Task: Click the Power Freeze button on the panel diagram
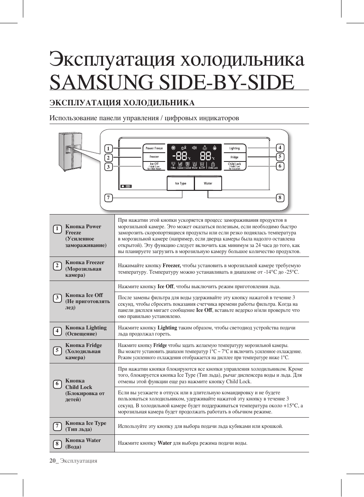pos(154,148)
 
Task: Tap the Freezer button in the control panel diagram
pos(154,157)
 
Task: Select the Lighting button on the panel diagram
pos(235,148)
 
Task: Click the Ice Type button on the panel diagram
pos(180,184)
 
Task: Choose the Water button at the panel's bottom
pos(208,184)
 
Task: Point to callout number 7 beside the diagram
pos(109,197)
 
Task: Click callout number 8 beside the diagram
pos(280,197)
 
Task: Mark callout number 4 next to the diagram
pos(280,148)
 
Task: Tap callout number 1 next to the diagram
pos(108,149)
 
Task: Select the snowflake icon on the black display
pos(173,148)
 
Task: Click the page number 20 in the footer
pos(52,461)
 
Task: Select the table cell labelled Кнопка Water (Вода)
pos(83,443)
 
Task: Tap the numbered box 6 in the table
pos(57,384)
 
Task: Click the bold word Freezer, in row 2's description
pos(171,266)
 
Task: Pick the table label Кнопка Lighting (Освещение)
pos(86,331)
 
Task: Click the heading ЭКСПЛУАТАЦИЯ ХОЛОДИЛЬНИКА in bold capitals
pos(122,103)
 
